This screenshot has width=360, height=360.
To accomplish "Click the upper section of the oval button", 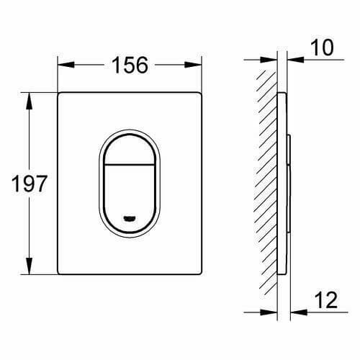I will [130, 144].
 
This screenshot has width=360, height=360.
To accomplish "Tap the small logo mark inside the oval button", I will [130, 216].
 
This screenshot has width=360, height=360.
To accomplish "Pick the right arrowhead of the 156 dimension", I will [198, 64].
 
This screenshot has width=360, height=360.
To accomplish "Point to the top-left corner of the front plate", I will [59, 94].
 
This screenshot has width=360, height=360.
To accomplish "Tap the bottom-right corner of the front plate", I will [202, 274].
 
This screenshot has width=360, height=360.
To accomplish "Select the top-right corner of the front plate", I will [202, 94].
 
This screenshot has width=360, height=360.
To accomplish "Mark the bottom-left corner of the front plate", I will [59, 274].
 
